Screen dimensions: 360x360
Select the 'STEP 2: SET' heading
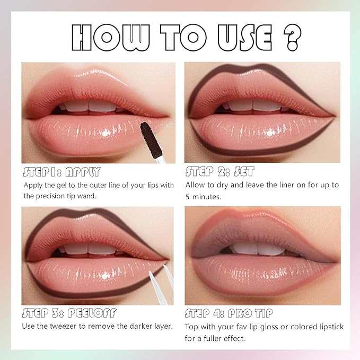click(219, 172)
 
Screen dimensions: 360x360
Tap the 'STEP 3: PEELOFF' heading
click(69, 313)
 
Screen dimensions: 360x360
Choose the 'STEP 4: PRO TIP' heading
click(229, 313)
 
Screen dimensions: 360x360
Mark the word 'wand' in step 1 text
click(90, 196)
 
